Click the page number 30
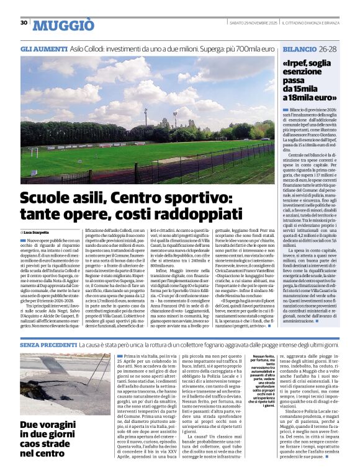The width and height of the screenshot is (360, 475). click(24, 23)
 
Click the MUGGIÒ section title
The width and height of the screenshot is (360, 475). click(63, 25)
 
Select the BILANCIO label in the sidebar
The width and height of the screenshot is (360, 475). click(299, 48)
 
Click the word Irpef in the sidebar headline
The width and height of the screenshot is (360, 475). click(299, 63)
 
